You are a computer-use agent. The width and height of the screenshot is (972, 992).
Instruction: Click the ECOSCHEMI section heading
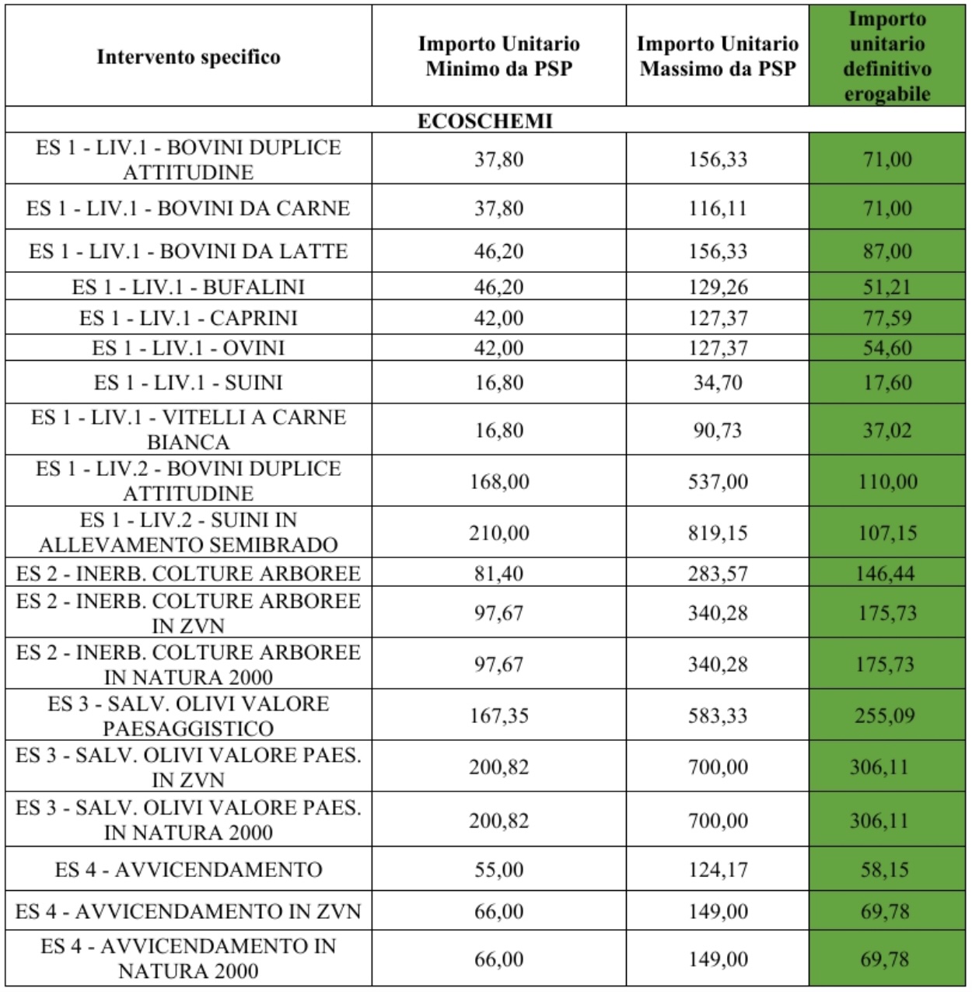[x=485, y=121]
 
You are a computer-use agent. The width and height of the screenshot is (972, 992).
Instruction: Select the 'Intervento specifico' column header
[x=188, y=57]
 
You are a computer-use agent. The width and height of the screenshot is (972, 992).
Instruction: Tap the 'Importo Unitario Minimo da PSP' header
[x=498, y=56]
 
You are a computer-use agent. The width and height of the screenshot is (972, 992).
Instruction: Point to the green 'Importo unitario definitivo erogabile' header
[x=886, y=56]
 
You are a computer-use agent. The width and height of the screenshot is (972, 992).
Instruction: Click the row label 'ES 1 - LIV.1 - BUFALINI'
[x=188, y=287]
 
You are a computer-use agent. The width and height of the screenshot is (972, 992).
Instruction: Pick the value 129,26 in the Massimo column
[x=717, y=287]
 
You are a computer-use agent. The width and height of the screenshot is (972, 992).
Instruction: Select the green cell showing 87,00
[x=886, y=251]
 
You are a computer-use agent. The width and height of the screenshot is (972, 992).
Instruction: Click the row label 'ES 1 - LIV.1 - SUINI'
[x=188, y=382]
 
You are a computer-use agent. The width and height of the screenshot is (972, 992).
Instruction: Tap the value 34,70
[x=717, y=382]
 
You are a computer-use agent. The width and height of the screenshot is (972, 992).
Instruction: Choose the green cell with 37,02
[x=886, y=430]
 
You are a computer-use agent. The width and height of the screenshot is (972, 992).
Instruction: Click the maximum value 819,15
[x=717, y=533]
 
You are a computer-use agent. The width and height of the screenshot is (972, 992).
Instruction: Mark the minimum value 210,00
[x=498, y=533]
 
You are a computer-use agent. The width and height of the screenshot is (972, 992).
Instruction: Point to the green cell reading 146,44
[x=886, y=574]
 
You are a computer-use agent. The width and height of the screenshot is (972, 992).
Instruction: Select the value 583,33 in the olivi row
[x=717, y=715]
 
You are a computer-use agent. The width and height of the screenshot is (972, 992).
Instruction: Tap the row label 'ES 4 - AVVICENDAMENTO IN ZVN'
[x=188, y=911]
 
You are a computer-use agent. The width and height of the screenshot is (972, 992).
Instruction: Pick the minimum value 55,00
[x=498, y=869]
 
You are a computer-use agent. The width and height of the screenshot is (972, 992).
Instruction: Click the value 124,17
[x=717, y=869]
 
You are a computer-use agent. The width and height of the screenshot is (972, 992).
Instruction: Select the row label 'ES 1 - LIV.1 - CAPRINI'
[x=188, y=318]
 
